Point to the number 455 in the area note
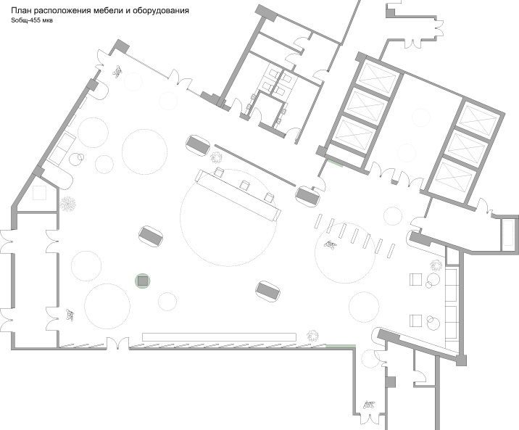(x=35, y=20)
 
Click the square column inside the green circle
(x=143, y=281)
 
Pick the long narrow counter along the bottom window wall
(x=219, y=337)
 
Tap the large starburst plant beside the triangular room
(x=68, y=204)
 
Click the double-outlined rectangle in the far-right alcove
(x=508, y=234)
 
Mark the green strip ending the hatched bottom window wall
(x=341, y=347)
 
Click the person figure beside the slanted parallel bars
(x=331, y=244)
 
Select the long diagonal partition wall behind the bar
(x=254, y=165)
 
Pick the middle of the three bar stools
(x=245, y=185)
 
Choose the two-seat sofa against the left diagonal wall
(x=62, y=149)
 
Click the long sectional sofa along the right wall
(x=451, y=305)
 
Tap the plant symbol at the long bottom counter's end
(x=312, y=336)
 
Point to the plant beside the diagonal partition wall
(x=216, y=157)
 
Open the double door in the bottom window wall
(x=118, y=343)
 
